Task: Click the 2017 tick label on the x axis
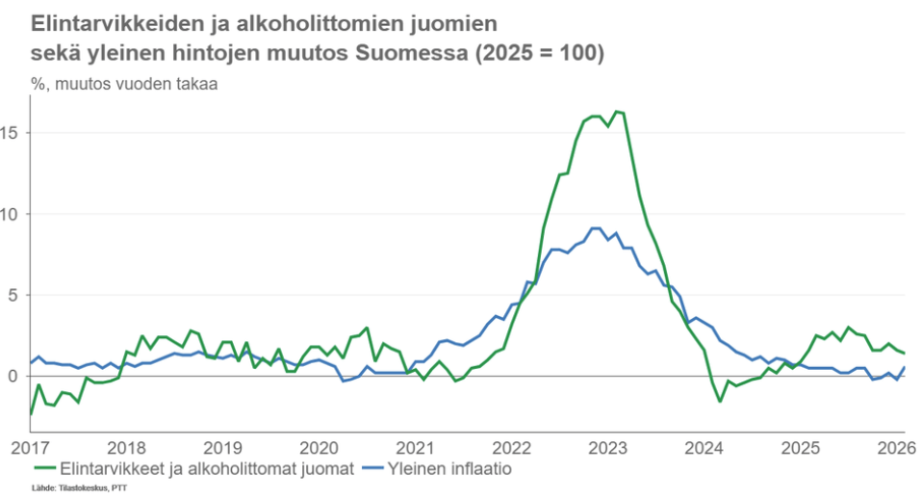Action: (31, 448)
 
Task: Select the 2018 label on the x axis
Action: (127, 448)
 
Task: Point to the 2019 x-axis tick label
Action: (223, 448)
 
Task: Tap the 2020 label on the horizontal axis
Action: (320, 448)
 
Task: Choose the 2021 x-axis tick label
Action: (416, 448)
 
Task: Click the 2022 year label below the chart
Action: (512, 448)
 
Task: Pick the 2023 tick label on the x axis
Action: (608, 448)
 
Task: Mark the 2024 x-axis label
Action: (704, 448)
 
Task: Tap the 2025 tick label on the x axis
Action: (801, 448)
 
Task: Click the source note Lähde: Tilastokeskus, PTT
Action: (80, 489)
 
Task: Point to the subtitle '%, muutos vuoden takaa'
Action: (124, 83)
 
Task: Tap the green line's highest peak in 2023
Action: (617, 112)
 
